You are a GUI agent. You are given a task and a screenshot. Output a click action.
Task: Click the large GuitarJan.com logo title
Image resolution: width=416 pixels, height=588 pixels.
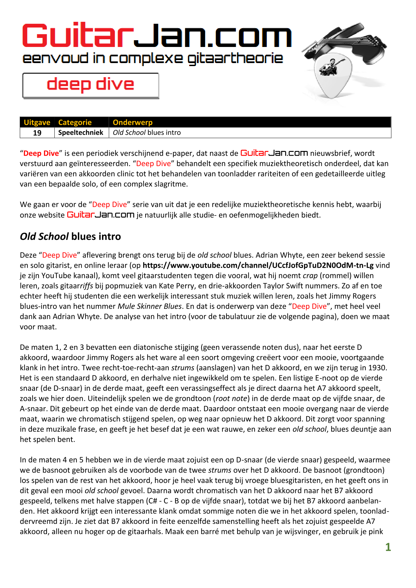pyautogui.click(x=157, y=36)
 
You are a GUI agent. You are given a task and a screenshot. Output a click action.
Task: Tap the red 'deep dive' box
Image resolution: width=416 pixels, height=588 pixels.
pyautogui.click(x=91, y=85)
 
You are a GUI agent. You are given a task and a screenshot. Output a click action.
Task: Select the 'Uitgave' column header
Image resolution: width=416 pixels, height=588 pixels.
pyautogui.click(x=37, y=122)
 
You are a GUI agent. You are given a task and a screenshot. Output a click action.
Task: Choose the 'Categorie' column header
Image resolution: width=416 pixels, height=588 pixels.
pyautogui.click(x=75, y=122)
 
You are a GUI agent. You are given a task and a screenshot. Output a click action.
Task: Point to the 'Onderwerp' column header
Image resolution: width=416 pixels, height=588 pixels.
pyautogui.click(x=133, y=122)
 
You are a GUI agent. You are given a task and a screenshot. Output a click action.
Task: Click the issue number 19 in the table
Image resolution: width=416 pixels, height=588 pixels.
pyautogui.click(x=37, y=133)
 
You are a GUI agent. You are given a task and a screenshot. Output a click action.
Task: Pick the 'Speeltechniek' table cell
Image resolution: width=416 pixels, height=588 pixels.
pyautogui.click(x=81, y=132)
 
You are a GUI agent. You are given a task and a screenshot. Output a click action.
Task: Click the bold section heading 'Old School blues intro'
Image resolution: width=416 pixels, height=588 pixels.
pyautogui.click(x=70, y=236)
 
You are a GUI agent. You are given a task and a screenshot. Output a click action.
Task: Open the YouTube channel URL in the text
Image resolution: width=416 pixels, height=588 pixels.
pyautogui.click(x=258, y=265)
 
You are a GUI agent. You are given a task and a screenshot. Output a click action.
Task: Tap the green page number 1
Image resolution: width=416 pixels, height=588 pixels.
pyautogui.click(x=388, y=547)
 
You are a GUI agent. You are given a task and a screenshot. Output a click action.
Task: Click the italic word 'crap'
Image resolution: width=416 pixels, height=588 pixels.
pyautogui.click(x=310, y=276)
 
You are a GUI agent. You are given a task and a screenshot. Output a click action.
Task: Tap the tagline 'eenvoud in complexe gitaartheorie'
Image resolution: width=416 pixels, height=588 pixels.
pyautogui.click(x=153, y=58)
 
